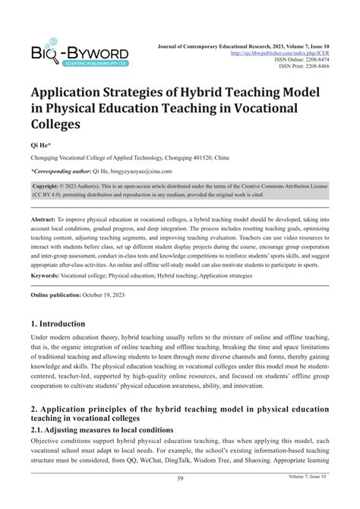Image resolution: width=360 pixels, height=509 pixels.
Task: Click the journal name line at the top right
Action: point(257,46)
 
